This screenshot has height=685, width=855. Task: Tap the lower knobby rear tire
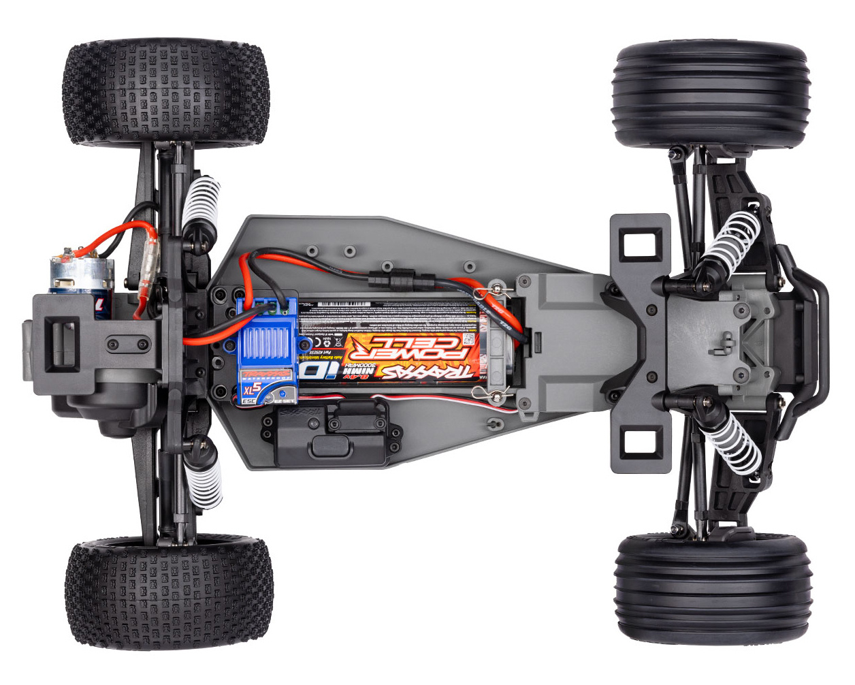(x=169, y=590)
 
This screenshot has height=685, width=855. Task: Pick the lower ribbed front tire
(x=712, y=588)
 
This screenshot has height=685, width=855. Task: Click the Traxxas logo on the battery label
(x=436, y=372)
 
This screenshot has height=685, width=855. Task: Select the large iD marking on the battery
(x=320, y=368)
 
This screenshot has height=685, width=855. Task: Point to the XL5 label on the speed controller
(x=253, y=390)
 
